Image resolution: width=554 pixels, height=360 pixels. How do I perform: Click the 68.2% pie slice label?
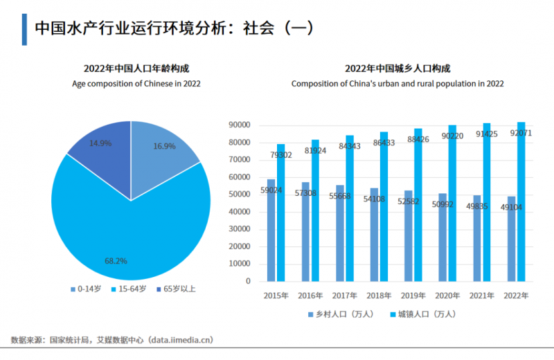tap(116, 260)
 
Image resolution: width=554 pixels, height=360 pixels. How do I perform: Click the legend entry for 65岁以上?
tap(176, 289)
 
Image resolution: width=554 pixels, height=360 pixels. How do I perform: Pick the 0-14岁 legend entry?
tap(86, 289)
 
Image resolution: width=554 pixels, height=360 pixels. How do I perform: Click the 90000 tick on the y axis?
tap(239, 125)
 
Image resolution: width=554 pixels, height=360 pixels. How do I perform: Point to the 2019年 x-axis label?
tap(413, 296)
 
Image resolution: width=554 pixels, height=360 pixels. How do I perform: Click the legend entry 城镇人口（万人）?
tap(422, 314)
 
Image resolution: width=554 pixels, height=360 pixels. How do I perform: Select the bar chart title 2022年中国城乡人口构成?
tap(397, 69)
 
